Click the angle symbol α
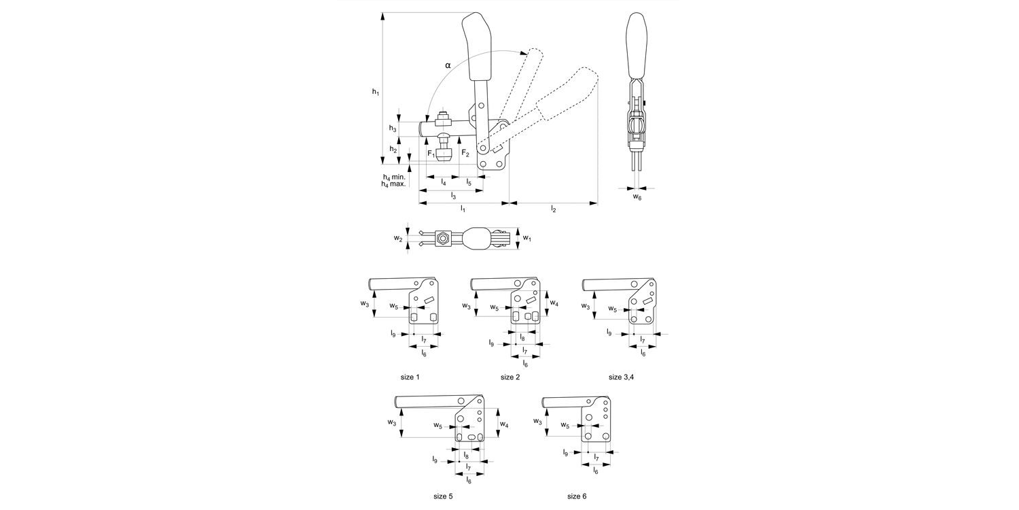coord(448,65)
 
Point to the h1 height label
coord(376,91)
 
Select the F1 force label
coord(431,154)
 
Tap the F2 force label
coord(465,154)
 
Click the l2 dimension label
coord(554,209)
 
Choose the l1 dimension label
coord(463,209)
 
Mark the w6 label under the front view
coord(637,197)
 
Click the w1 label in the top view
coord(527,238)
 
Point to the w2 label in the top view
coord(398,238)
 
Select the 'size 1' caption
coord(410,377)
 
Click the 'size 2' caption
coord(509,377)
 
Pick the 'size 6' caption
coord(577,496)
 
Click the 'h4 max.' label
coord(393,184)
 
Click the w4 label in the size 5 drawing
coord(505,424)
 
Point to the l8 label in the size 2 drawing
coord(522,337)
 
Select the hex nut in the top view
coord(442,238)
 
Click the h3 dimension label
coord(393,128)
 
